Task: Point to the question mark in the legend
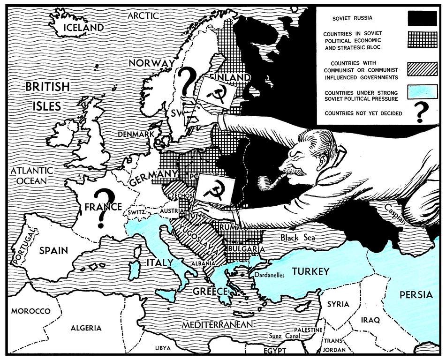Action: tap(422, 113)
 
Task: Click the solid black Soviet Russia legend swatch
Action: tap(421, 18)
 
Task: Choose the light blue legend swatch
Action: tap(421, 92)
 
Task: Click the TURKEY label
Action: tap(310, 271)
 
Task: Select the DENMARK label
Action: tap(136, 135)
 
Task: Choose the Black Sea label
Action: tap(297, 238)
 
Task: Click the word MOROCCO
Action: tap(30, 311)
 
